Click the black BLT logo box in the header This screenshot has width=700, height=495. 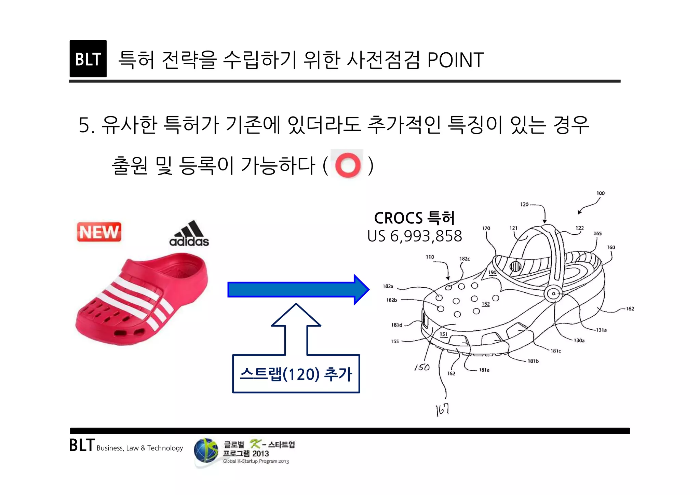pos(88,59)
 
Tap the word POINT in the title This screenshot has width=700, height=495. pos(455,60)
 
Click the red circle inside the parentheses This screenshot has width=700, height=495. pos(348,165)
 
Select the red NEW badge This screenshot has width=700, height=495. pos(99,232)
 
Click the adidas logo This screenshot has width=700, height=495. pos(189,234)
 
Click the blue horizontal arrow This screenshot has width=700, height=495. pos(298,289)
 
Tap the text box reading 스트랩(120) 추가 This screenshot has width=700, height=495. pos(296,374)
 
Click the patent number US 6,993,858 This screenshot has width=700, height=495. pos(414,236)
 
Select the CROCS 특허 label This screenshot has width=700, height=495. pos(414,218)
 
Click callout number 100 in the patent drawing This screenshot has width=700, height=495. pos(601,193)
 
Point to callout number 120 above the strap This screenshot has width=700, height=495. pos(524,205)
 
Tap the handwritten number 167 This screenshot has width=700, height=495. pos(442,410)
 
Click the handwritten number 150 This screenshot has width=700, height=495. pos(422,367)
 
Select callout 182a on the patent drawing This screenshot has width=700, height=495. pos(388,286)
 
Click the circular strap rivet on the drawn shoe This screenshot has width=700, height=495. pos(553,293)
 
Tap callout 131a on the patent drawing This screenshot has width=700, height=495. pos(601,330)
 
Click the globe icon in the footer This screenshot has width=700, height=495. pos(206,451)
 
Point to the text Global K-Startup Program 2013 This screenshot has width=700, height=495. pos(256,461)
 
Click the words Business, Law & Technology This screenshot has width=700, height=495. pos(139,448)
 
